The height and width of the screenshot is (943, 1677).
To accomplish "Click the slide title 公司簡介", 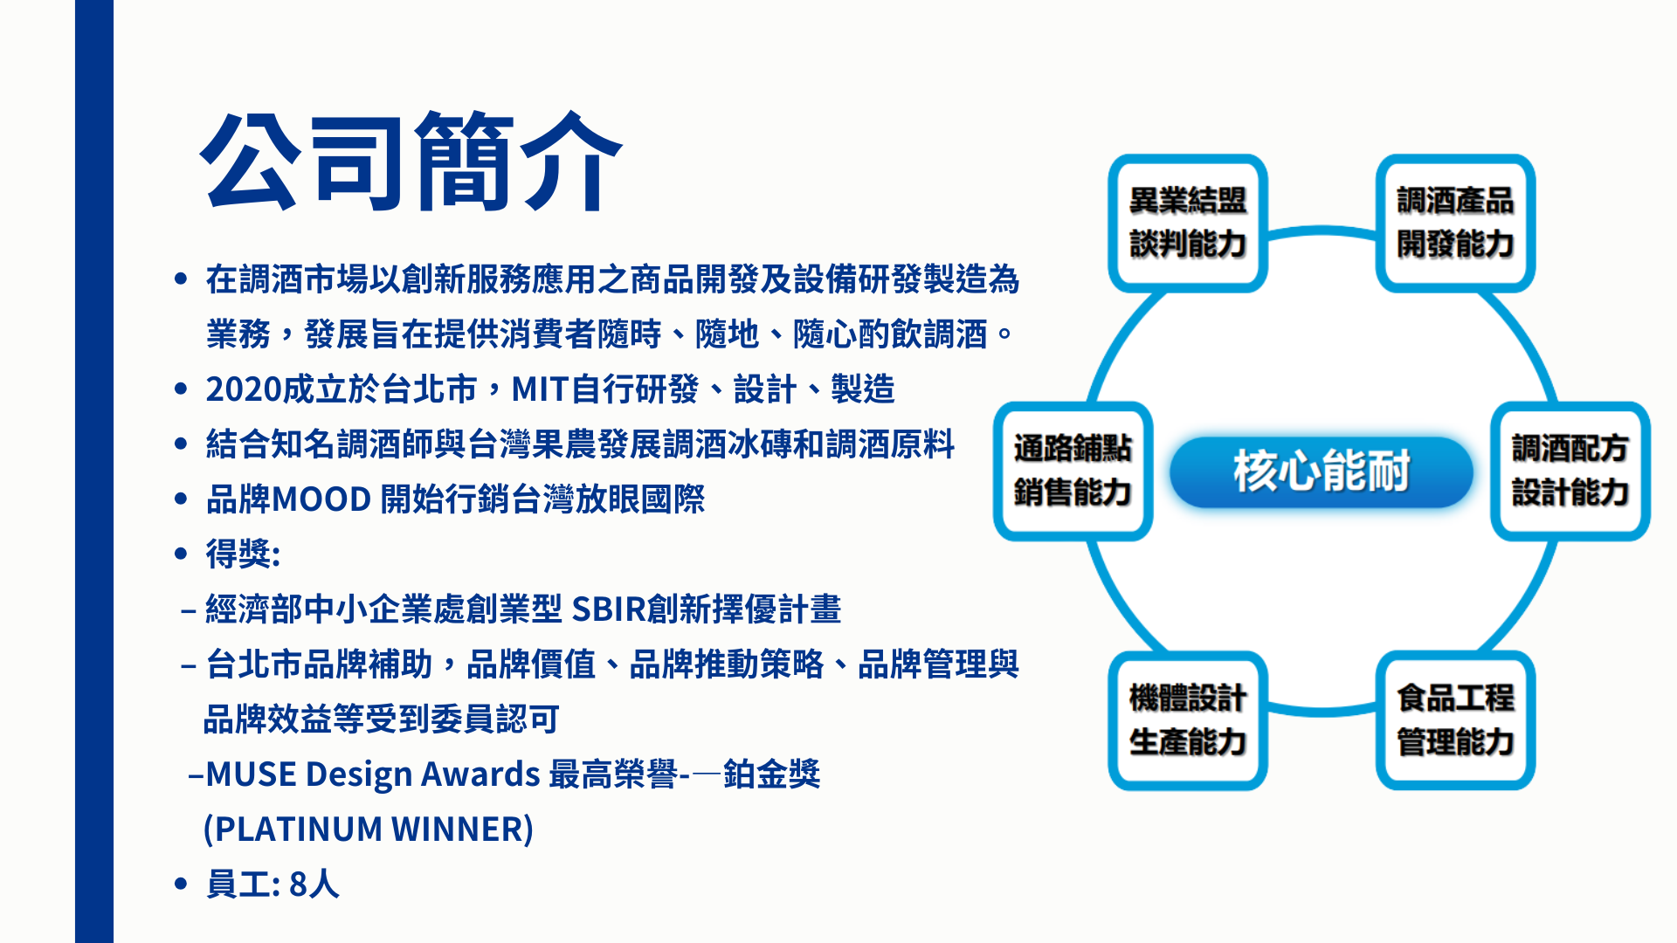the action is point(411,162).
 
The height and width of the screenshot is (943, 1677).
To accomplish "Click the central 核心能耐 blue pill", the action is point(1322,471).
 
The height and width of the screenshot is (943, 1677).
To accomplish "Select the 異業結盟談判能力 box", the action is point(1188,224).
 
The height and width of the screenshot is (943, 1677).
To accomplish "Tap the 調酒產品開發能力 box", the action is point(1455,224).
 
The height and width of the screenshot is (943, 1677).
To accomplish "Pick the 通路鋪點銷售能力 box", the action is point(1073,471).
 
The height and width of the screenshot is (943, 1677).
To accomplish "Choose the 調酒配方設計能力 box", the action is point(1570,471).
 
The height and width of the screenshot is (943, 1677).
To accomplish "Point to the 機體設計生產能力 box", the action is point(1188,720).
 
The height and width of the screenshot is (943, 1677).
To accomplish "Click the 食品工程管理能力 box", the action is point(1455,720).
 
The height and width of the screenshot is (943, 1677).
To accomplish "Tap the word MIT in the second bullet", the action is point(540,389).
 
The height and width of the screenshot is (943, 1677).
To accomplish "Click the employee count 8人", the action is point(314,884).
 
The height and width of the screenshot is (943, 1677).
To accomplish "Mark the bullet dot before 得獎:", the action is point(181,554).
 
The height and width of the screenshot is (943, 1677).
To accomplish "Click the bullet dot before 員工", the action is point(181,884).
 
